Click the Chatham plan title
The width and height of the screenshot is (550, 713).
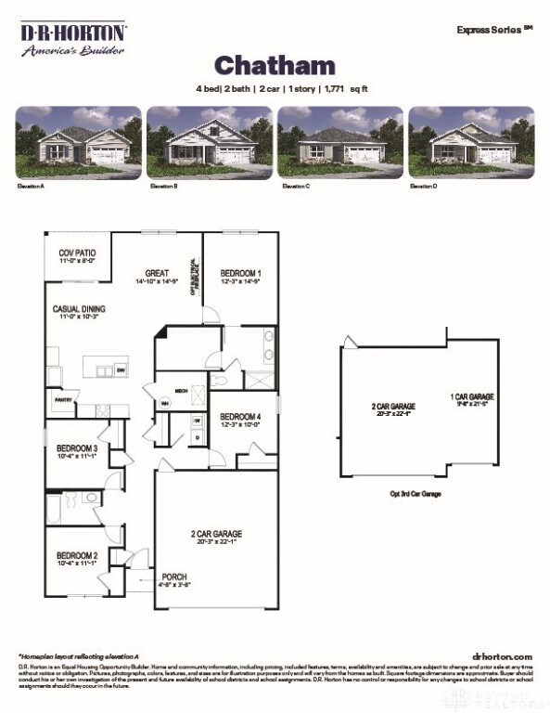[x=275, y=64]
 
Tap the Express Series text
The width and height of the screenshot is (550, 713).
[x=493, y=29]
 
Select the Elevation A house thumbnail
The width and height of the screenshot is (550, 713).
[x=78, y=141]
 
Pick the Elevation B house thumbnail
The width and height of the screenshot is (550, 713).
[x=210, y=141]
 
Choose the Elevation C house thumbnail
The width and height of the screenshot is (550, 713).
[x=340, y=141]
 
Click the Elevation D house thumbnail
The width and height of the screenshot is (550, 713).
[x=471, y=141]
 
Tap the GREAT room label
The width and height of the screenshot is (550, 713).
[x=156, y=273]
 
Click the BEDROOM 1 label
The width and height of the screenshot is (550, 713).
[x=240, y=273]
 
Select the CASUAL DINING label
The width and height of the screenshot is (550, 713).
[x=78, y=309]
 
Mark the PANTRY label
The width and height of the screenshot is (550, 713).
[x=63, y=400]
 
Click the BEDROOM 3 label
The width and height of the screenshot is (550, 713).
[x=77, y=449]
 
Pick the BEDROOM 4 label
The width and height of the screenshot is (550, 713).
[x=240, y=417]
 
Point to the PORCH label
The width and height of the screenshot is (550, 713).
[x=174, y=577]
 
